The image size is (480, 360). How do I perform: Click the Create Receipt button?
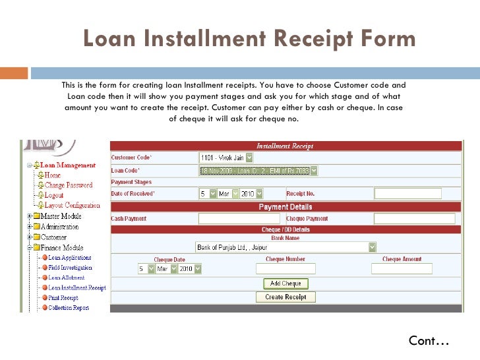click(285, 297)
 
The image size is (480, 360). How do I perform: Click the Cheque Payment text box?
click(415, 218)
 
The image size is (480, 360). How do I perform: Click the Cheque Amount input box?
click(402, 269)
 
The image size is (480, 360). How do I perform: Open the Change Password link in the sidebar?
click(69, 185)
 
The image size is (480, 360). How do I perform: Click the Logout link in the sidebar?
click(54, 195)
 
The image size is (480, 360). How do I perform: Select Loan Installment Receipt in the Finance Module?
click(77, 287)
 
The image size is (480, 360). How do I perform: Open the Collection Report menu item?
click(69, 307)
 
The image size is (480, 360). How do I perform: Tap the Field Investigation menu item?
click(70, 268)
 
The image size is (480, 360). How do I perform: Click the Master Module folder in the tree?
click(61, 216)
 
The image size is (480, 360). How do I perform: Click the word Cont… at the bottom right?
click(429, 341)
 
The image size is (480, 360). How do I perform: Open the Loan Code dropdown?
click(258, 170)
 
